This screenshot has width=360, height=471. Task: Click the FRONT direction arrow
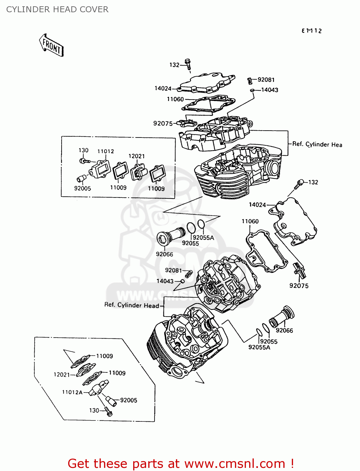(x=51, y=46)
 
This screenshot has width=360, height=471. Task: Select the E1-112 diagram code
(x=312, y=31)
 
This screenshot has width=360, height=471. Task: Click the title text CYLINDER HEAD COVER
(x=57, y=9)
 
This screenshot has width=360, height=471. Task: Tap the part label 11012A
(x=72, y=392)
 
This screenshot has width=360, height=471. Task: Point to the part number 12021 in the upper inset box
(x=137, y=156)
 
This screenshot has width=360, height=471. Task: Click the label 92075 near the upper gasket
(x=163, y=124)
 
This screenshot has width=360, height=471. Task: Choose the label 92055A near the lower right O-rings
(x=259, y=347)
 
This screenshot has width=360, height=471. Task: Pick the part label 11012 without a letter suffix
(x=106, y=151)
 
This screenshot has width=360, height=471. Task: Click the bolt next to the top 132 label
(x=188, y=64)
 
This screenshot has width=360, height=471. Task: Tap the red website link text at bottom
(x=181, y=463)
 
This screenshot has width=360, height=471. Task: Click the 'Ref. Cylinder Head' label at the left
(x=132, y=305)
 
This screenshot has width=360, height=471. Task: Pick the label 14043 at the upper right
(x=270, y=90)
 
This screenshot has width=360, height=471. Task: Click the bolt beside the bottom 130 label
(x=108, y=411)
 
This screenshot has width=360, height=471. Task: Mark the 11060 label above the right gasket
(x=250, y=221)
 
